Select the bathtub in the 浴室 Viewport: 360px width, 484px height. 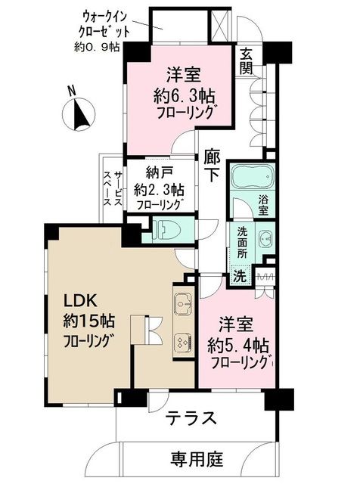[x=253, y=177]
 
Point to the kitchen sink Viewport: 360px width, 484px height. [x=183, y=302]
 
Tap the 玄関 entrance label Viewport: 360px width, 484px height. [x=246, y=61]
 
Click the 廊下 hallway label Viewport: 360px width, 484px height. [x=212, y=167]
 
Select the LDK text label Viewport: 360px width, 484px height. [x=80, y=300]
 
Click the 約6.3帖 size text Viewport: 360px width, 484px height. [x=185, y=96]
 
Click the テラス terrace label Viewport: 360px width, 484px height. [x=191, y=418]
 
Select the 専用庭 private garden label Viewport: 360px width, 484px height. [x=197, y=459]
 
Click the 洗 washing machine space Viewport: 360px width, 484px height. [x=240, y=275]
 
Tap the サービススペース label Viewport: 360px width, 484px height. [x=113, y=188]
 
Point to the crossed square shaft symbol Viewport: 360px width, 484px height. [x=221, y=25]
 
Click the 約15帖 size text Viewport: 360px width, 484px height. [x=89, y=321]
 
